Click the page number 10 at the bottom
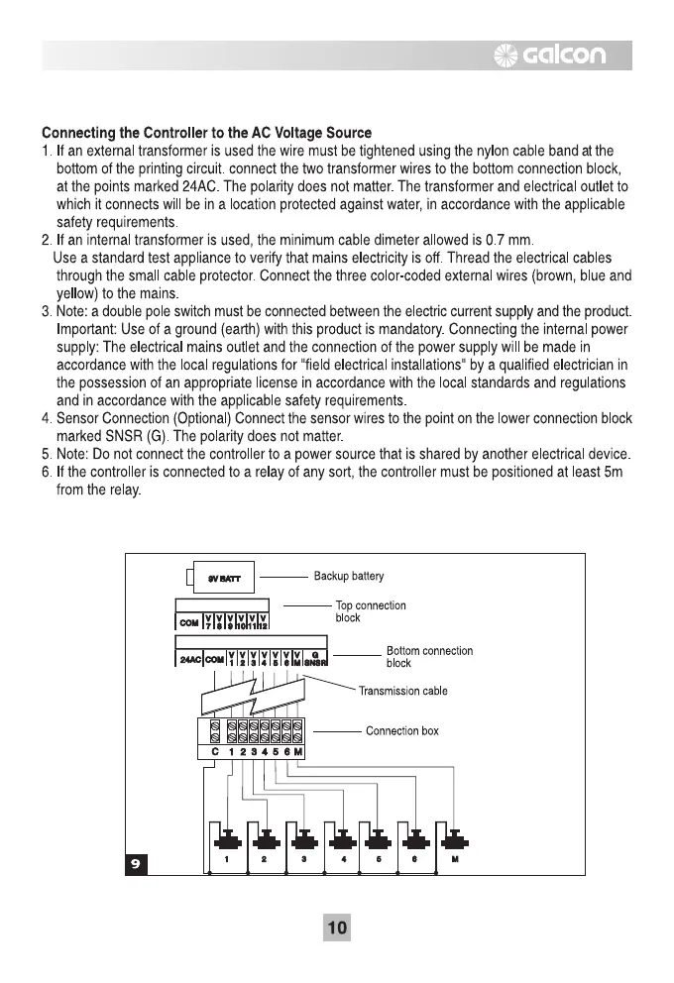(337, 928)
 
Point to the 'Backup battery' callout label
(349, 576)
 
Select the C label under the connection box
(214, 753)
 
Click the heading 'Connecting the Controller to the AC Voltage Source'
(207, 133)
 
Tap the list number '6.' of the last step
(47, 474)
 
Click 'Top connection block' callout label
(371, 611)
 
